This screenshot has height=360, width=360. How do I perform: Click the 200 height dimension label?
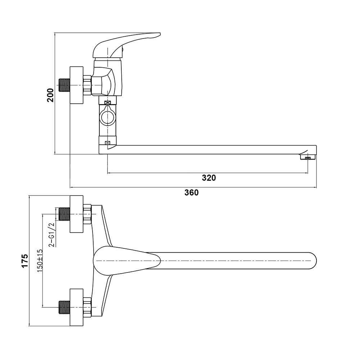[51, 95]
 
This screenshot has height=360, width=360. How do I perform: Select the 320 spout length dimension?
[208, 178]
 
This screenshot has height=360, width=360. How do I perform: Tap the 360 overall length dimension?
[191, 193]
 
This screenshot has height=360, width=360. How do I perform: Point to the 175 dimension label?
[24, 261]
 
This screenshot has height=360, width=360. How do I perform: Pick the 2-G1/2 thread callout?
[51, 235]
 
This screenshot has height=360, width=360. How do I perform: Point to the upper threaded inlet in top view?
[64, 214]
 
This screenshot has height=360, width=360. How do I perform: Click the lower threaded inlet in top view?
[64, 307]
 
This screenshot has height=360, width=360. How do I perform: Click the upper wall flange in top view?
[76, 215]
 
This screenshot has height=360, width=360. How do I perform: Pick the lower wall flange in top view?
[76, 307]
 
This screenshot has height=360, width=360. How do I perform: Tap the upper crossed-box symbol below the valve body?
[107, 103]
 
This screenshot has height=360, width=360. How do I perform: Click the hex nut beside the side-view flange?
[87, 86]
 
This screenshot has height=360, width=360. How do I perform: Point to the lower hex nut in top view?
[87, 307]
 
